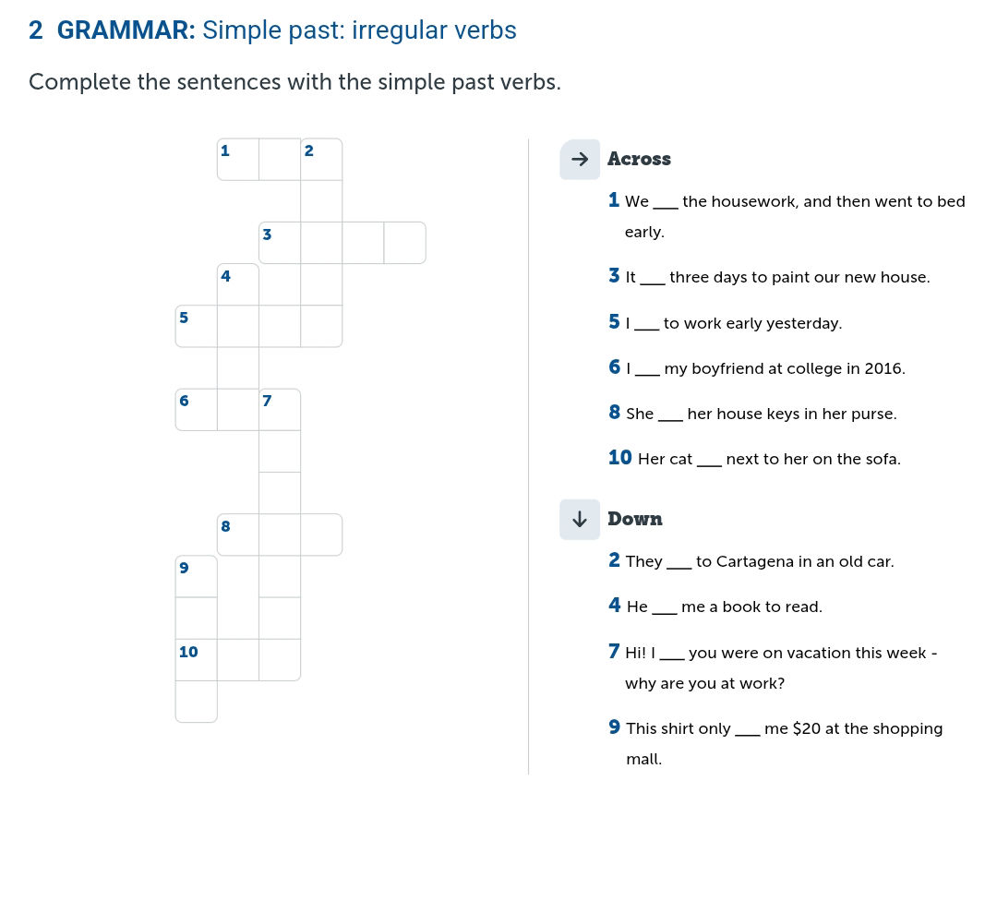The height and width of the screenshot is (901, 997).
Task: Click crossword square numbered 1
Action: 238,160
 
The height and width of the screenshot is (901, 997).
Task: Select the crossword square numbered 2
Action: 321,160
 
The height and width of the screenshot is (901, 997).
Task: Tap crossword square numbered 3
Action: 280,243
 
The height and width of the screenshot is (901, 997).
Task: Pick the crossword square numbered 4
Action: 238,284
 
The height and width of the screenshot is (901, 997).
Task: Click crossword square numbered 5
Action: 197,326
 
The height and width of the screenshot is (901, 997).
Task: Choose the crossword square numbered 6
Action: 197,410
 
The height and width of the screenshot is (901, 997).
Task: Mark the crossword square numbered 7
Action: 280,410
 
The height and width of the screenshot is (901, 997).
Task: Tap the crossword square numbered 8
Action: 238,535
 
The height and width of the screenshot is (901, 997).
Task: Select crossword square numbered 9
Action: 197,576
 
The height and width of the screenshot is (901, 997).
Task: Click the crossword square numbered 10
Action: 197,659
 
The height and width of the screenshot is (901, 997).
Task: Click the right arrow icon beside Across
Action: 580,160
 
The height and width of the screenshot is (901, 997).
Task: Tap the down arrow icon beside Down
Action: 580,519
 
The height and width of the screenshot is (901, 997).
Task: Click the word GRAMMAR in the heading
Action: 126,30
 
